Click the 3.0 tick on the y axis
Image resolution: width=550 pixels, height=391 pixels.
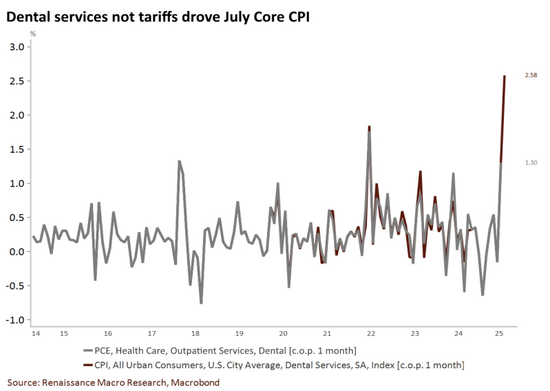click(x=16, y=47)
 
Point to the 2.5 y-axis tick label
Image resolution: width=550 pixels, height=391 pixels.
click(x=16, y=81)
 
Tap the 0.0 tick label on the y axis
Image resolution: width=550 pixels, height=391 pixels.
click(x=16, y=252)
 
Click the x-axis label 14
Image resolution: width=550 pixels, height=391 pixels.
click(x=34, y=334)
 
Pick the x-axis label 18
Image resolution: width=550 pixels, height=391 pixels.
click(x=195, y=334)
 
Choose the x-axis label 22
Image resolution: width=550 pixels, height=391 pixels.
click(x=370, y=334)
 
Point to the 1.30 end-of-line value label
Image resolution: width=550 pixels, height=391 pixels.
click(x=531, y=162)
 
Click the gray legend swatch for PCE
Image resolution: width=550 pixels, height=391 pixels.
click(x=86, y=351)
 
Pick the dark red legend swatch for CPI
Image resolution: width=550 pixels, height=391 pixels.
click(x=86, y=363)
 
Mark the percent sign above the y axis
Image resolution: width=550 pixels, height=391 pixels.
click(x=32, y=34)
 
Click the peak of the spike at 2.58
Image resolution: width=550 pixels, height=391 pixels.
click(x=505, y=76)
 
